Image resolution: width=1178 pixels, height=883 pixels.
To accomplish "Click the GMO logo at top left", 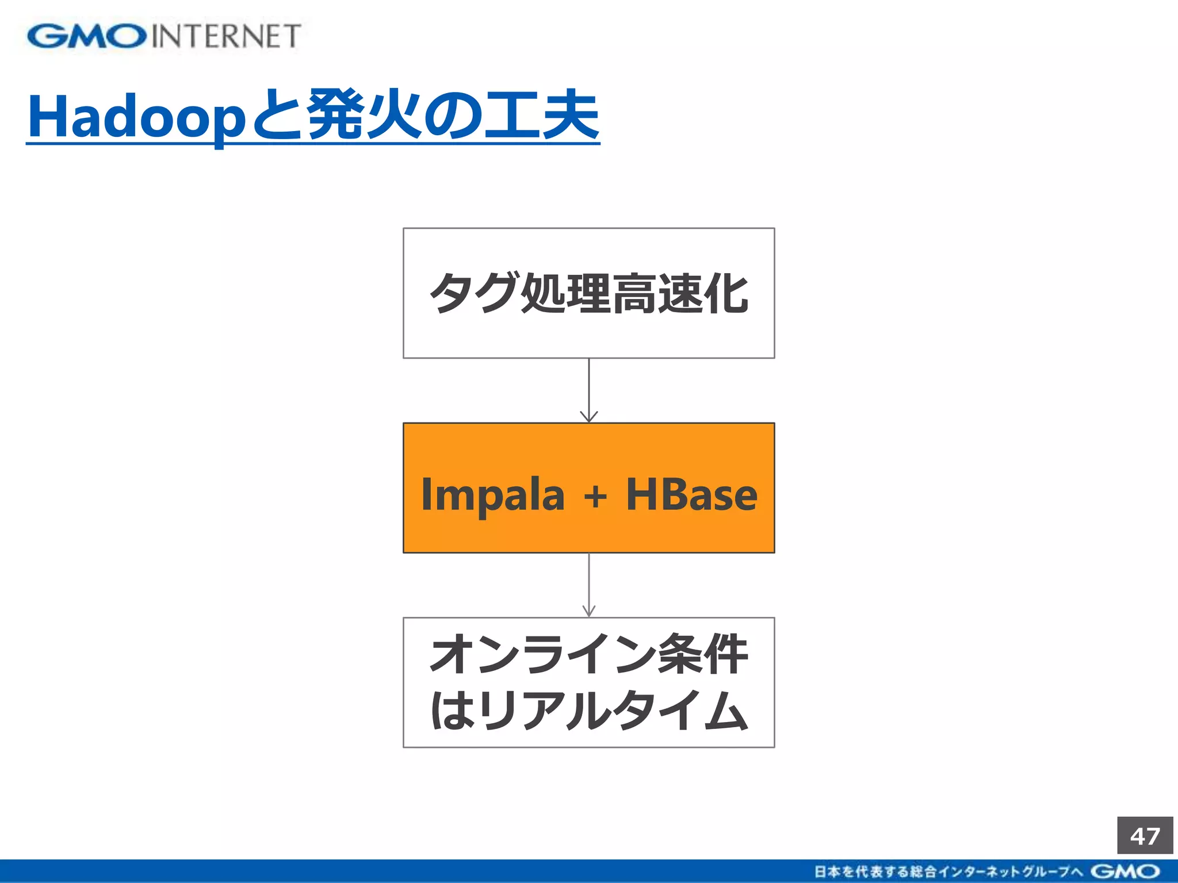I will click(86, 36).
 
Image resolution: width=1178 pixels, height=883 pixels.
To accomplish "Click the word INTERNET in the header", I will click(226, 36).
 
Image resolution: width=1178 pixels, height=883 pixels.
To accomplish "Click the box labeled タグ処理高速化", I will click(588, 293).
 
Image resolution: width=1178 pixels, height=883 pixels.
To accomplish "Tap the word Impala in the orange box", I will click(492, 494).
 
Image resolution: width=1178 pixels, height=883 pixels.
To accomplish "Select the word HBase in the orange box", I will click(691, 494).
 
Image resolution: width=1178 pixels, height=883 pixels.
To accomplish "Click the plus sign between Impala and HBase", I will click(595, 496).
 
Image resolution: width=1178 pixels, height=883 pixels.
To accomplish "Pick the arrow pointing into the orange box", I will click(589, 391).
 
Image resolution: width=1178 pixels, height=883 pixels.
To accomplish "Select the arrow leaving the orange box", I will click(589, 585).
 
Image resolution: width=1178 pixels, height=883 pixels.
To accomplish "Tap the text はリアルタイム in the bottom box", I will click(588, 711).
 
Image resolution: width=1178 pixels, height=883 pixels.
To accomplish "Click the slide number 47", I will click(1145, 835).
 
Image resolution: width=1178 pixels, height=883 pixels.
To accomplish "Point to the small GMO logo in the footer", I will click(1125, 872).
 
